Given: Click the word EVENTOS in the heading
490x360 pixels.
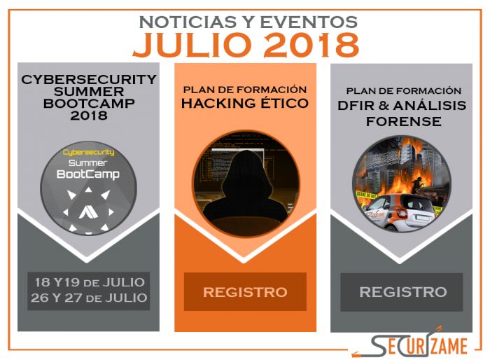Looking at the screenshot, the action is [x=309, y=22].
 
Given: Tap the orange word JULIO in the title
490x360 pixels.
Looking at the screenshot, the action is [x=192, y=45].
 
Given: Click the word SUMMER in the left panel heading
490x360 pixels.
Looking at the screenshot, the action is [x=89, y=92].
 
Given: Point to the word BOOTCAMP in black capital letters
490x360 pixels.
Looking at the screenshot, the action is [x=89, y=104].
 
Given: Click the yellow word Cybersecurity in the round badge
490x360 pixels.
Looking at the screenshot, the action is [x=88, y=152].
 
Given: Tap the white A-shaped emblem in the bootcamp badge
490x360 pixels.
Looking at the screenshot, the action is [x=88, y=213].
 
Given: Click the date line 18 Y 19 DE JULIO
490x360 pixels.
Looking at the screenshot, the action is [x=90, y=282].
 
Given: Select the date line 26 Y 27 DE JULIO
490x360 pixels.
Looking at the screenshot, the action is [x=89, y=298].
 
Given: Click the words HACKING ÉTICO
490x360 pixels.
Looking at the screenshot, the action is [x=245, y=103].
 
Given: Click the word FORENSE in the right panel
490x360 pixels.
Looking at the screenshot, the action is [x=403, y=121].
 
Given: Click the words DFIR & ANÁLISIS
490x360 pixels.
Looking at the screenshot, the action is [x=402, y=105].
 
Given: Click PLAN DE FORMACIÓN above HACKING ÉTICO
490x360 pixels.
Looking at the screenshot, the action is [x=245, y=90].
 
